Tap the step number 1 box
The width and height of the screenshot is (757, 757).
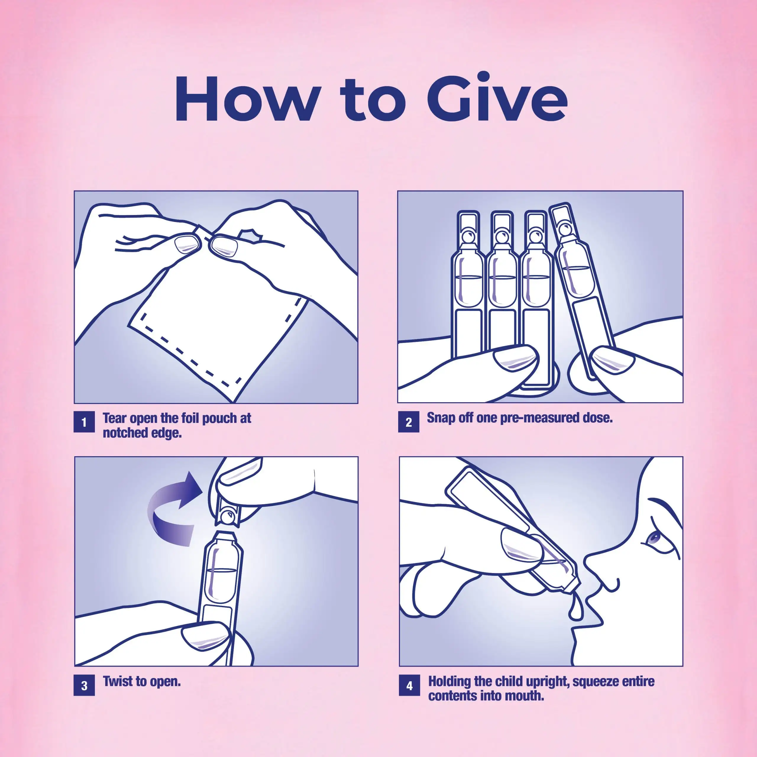pos(84,422)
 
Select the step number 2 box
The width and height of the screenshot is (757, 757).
pos(408,422)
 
